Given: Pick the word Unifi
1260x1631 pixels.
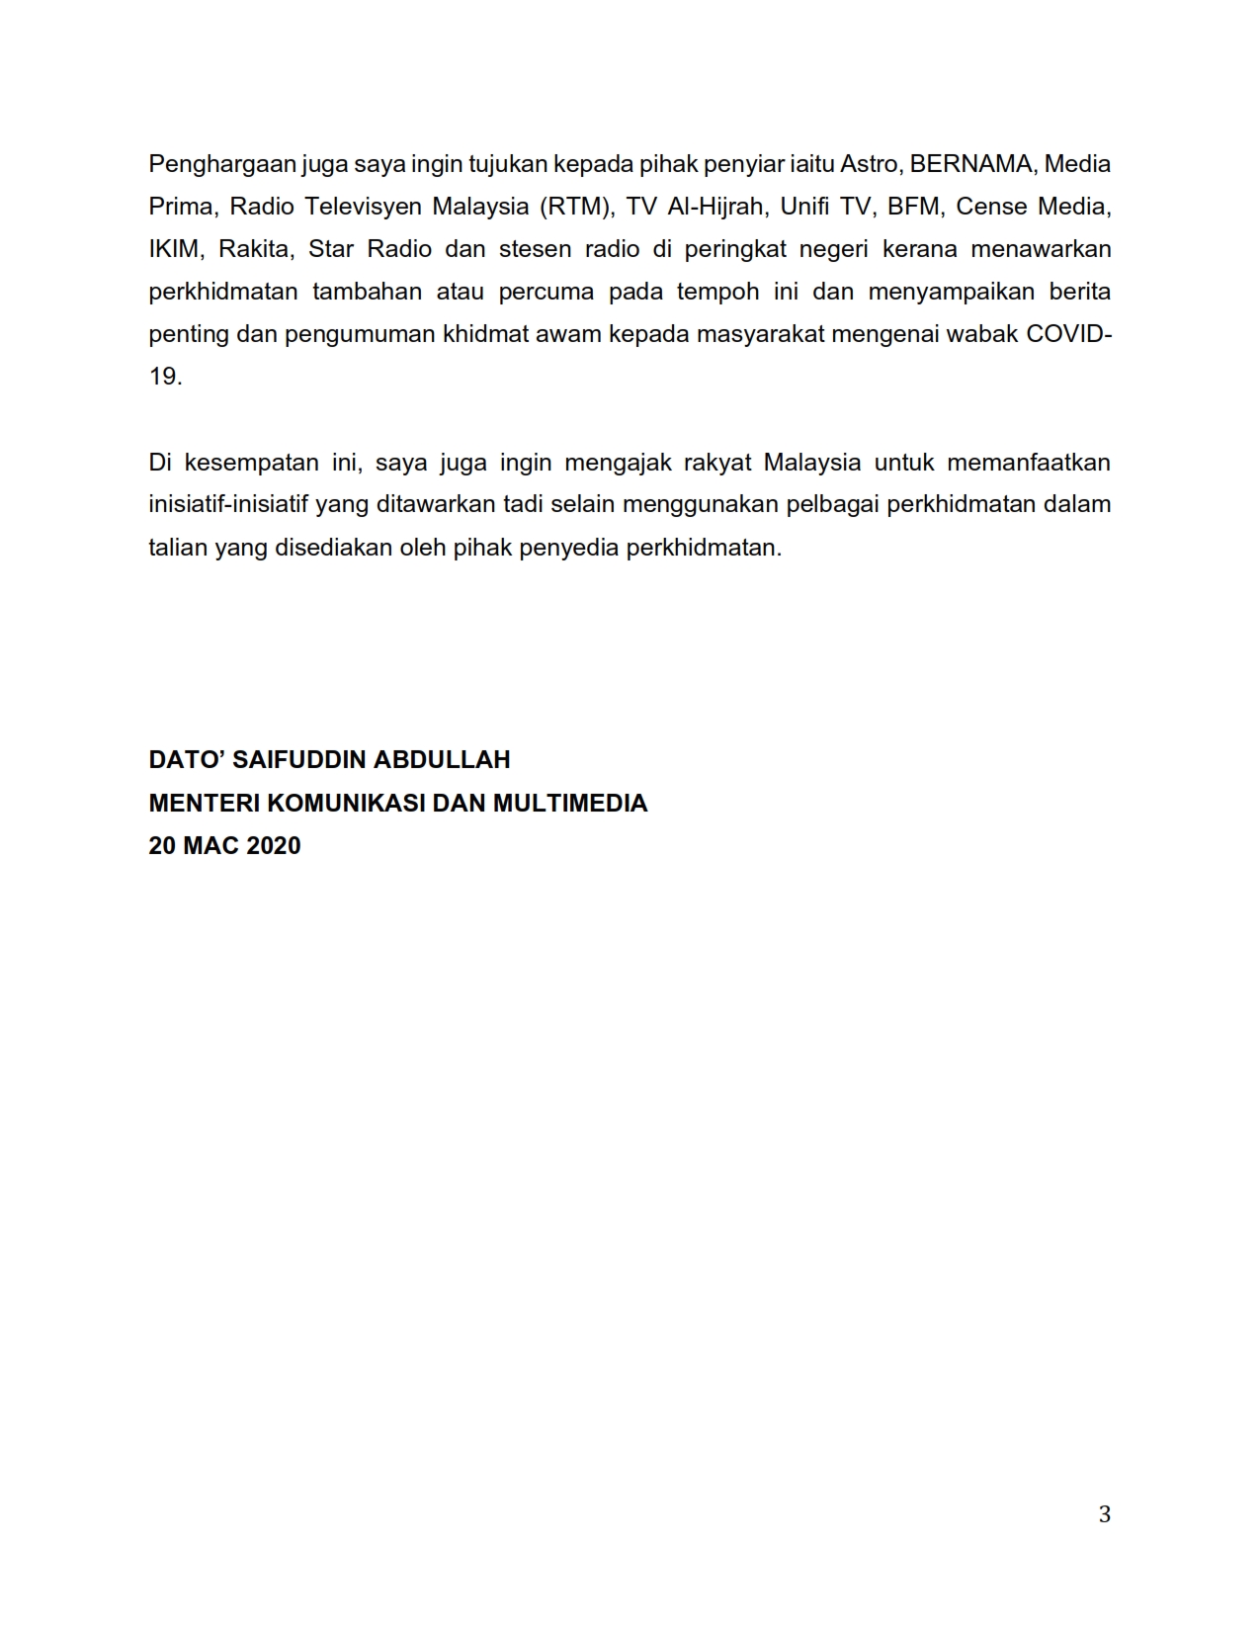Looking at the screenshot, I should [x=804, y=207].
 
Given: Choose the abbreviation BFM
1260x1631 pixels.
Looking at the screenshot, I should [x=914, y=207].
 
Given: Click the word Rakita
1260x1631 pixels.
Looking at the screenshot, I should [x=256, y=249].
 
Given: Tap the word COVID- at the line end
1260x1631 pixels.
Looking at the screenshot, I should [x=1068, y=334].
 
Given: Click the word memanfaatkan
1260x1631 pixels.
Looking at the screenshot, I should [x=1029, y=463].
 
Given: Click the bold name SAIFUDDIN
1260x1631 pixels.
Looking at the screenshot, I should [x=308, y=760].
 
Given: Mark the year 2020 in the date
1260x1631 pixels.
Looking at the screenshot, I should [x=274, y=846].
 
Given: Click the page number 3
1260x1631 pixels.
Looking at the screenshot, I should [x=1105, y=1514].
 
